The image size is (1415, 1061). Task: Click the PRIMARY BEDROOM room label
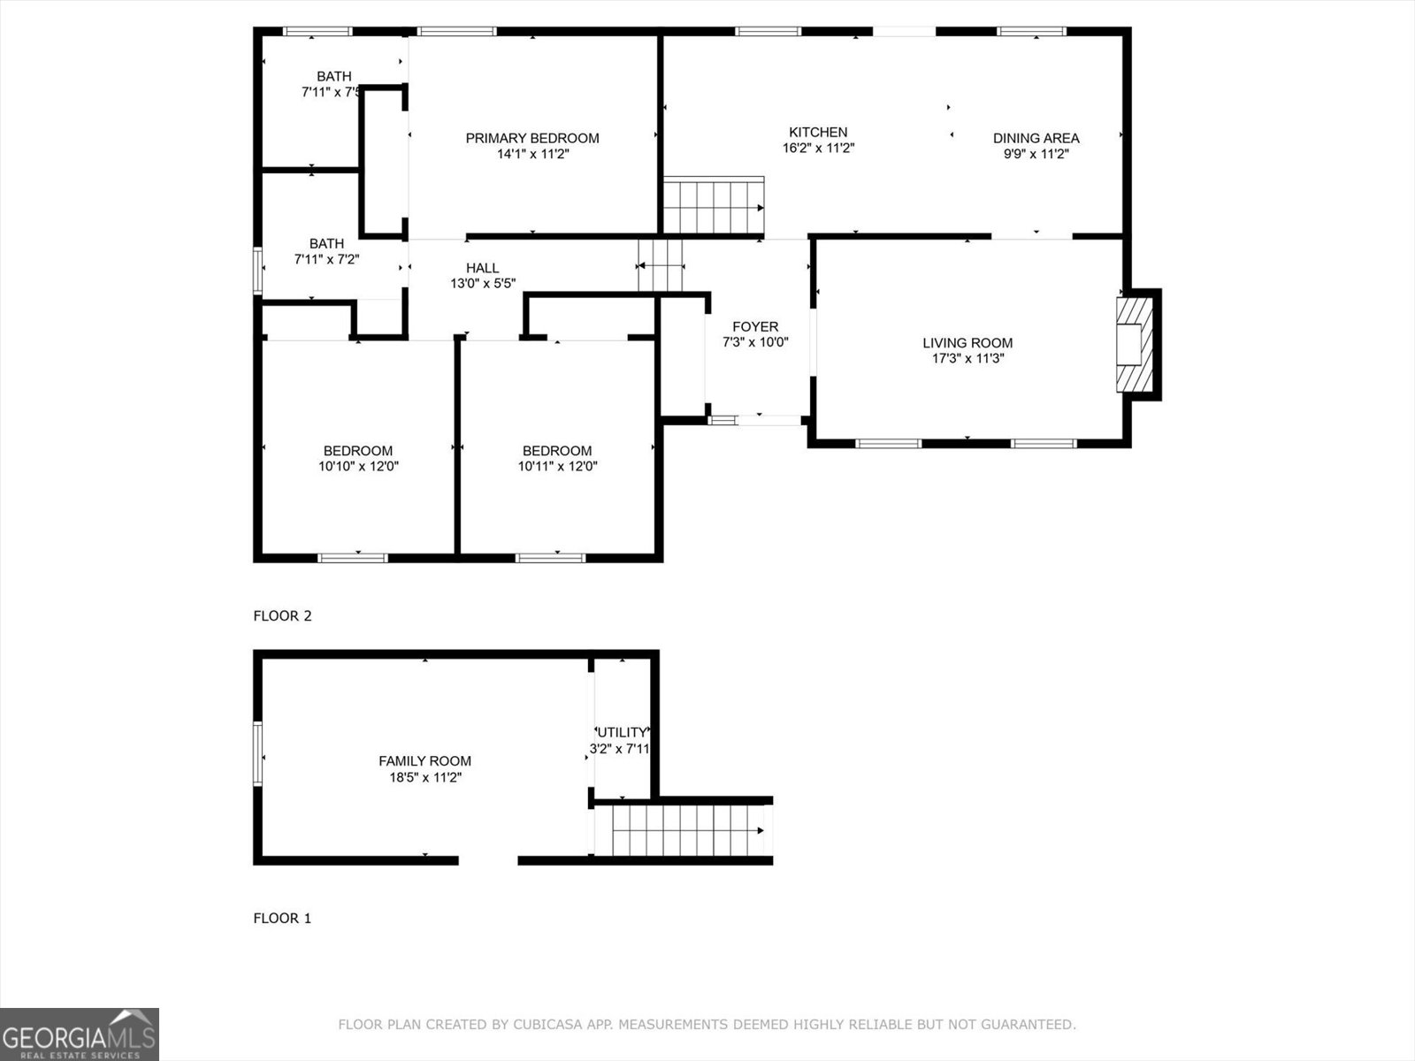(532, 138)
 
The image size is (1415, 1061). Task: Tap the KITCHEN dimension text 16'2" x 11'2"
(818, 149)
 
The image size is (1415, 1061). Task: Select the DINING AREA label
(1036, 138)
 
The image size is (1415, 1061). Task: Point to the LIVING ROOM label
(968, 343)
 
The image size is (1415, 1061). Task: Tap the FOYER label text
(755, 326)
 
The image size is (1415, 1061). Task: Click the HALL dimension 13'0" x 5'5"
(483, 284)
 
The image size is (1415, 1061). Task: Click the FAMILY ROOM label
(424, 760)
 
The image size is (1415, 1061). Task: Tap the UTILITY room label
(622, 732)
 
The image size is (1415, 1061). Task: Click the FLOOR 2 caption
(282, 615)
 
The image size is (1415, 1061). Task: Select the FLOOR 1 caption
(282, 918)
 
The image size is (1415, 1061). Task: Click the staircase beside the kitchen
(713, 206)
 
